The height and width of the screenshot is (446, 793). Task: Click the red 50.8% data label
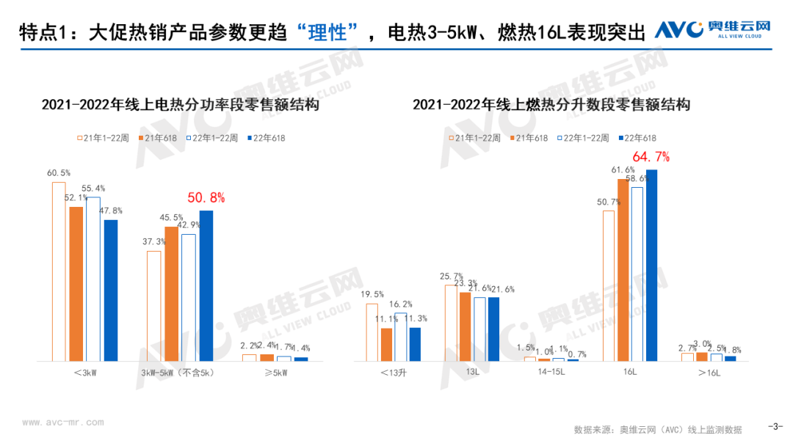coord(206,197)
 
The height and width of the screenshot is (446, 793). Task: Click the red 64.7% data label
coord(651,157)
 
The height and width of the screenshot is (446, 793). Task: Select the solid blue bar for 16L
coord(651,265)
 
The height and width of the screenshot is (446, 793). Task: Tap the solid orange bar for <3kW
coord(76,284)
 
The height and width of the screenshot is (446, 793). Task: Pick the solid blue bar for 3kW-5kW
coord(206,286)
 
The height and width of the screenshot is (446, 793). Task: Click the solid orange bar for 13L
coord(465,326)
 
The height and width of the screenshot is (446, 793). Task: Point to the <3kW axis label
coord(85,373)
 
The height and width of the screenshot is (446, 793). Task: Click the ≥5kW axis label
coord(276,373)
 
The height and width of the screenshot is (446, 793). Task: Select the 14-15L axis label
coord(551,372)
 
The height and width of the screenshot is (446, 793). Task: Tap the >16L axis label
coord(709,373)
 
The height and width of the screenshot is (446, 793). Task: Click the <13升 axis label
coord(394,373)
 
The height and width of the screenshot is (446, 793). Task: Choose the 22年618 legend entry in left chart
coord(266,138)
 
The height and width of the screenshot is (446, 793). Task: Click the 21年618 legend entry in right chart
coord(529,138)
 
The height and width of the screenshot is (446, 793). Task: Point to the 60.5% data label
coord(59,172)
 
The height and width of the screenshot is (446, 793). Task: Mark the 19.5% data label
coord(372,294)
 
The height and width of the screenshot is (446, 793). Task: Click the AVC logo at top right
coord(712,29)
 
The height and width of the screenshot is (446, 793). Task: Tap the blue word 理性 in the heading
coord(327,33)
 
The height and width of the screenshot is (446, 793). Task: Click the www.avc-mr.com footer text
coord(62,423)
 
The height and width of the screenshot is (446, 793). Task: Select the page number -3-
coord(775,426)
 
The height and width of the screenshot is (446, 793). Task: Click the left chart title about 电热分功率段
coord(180,105)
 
